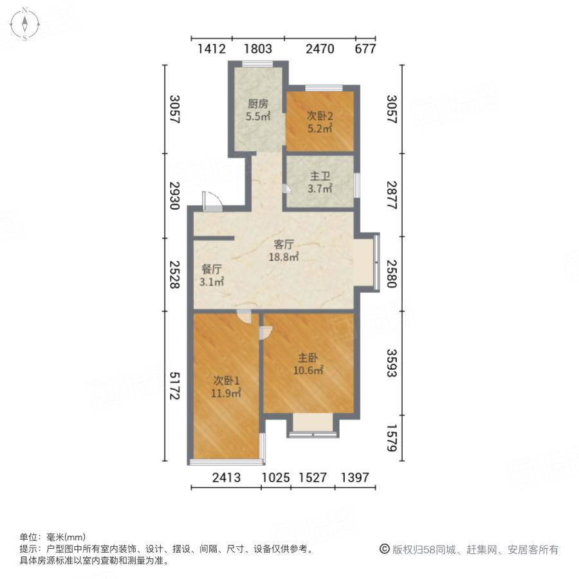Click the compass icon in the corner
click(24, 24)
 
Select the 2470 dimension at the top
click(319, 49)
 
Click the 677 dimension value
click(364, 49)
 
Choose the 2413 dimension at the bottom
click(226, 477)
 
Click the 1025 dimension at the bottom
click(275, 477)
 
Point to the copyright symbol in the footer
click(385, 549)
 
